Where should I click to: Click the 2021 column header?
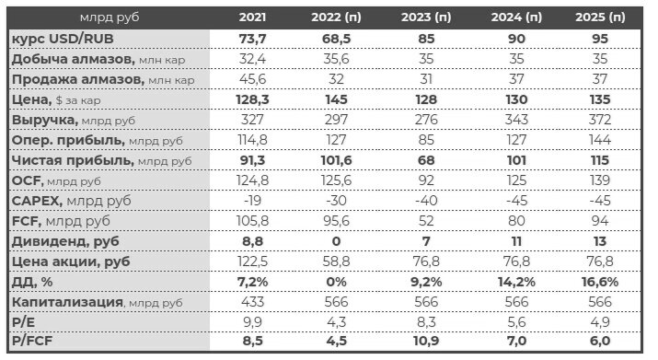pyautogui.click(x=254, y=17)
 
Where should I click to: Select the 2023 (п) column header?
pyautogui.click(x=426, y=17)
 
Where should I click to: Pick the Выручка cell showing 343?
pyautogui.click(x=512, y=120)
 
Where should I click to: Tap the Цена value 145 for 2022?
pyautogui.click(x=340, y=100)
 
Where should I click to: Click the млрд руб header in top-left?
pyautogui.click(x=106, y=17)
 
